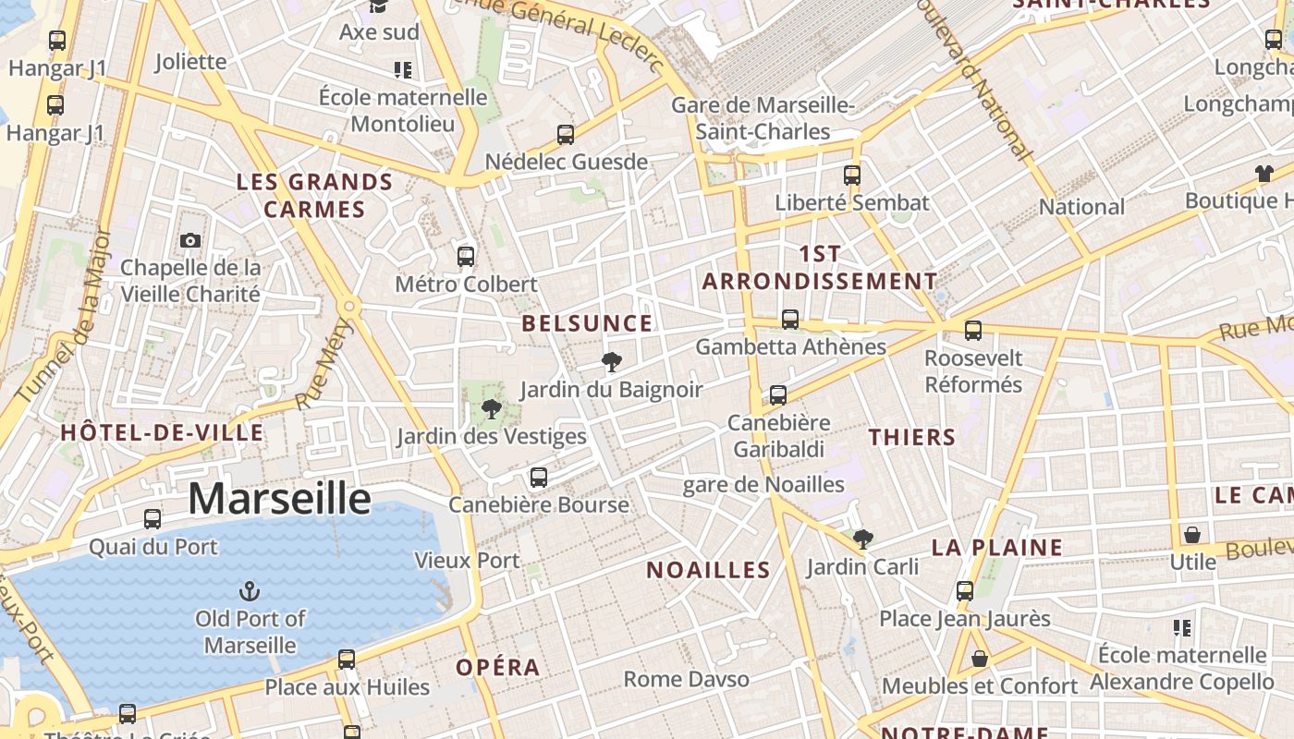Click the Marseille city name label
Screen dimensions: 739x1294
tap(279, 499)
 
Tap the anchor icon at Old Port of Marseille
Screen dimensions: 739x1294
tap(249, 590)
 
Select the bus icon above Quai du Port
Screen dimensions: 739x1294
tap(153, 519)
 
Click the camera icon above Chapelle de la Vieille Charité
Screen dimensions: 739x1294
tap(190, 241)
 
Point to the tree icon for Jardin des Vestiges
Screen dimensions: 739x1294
tap(491, 408)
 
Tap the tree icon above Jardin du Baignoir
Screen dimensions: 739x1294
tap(611, 361)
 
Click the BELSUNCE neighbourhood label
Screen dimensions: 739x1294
tap(587, 323)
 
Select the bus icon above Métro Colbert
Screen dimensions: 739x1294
tap(466, 256)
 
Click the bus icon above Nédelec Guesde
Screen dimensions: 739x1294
tap(566, 135)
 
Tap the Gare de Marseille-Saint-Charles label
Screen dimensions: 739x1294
tap(763, 118)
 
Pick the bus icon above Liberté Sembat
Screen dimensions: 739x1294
tap(852, 175)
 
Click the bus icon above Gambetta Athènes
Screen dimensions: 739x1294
tap(790, 320)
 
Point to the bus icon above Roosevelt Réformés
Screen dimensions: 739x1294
tap(972, 331)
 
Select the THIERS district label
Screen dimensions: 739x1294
tap(911, 437)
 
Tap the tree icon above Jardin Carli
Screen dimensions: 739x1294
tap(862, 539)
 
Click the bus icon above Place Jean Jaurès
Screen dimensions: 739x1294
tap(965, 591)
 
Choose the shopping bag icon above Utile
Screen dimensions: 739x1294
tap(1192, 535)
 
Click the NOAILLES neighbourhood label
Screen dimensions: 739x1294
tap(708, 570)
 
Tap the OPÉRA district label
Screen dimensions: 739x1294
tap(497, 667)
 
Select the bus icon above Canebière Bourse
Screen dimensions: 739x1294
tap(539, 478)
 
